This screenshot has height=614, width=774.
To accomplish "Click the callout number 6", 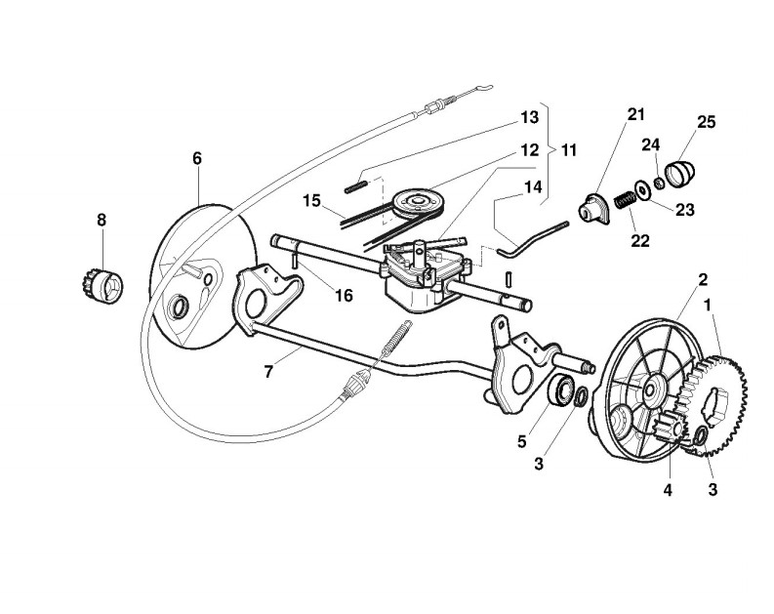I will [197, 158].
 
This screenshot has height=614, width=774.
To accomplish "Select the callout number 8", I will [102, 221].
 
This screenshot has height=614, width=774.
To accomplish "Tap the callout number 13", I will [529, 117].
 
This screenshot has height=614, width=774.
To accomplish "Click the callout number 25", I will [706, 122].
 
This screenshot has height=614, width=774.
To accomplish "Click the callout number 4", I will [668, 491].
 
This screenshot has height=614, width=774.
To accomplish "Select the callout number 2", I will [703, 280].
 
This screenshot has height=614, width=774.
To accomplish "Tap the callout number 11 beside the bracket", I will [568, 150].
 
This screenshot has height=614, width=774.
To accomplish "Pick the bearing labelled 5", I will [562, 391].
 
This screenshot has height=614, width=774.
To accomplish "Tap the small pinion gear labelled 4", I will [669, 429].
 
